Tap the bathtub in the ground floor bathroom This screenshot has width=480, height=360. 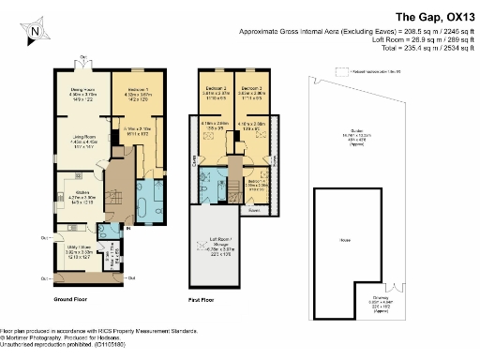(x=150, y=204)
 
